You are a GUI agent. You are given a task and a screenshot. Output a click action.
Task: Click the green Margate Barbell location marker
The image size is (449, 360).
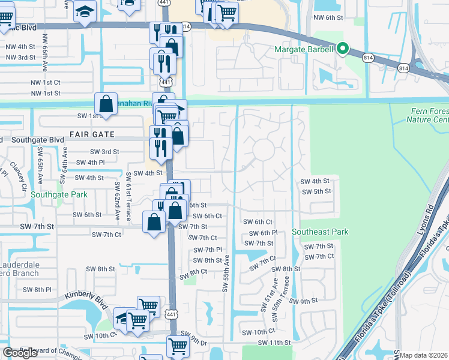tap(343, 48)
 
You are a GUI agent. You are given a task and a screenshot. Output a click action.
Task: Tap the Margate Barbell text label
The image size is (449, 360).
tap(303, 49)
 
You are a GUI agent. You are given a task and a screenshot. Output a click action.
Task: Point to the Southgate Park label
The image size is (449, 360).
tap(59, 194)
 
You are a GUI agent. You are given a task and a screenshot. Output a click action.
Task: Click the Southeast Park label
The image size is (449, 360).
tap(320, 232)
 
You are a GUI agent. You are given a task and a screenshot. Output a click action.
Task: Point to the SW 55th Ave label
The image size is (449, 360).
tap(226, 274)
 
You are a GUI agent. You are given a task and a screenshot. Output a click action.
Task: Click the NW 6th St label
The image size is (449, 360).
tap(327, 17)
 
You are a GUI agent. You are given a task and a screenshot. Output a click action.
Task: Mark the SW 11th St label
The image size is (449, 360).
tap(274, 343)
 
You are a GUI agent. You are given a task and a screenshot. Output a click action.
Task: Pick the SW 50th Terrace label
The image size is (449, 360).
tap(277, 295)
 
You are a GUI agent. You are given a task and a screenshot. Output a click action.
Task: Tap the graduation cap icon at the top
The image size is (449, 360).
tap(85, 11)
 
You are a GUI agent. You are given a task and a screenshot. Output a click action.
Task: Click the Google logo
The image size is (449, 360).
tap(20, 353)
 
